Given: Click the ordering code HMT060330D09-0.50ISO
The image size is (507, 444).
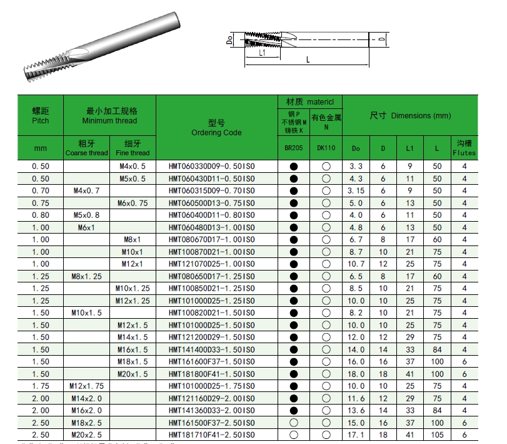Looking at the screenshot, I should pos(211,167).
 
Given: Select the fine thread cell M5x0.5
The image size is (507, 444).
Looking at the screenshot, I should pos(133,178).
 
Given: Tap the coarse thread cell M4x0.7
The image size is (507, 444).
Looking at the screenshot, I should pos(86,191).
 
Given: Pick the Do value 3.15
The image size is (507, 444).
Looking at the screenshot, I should pos(356,191).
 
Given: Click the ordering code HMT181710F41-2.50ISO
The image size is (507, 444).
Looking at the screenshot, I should pos(211,435).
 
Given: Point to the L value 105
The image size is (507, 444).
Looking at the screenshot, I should pos(436,435).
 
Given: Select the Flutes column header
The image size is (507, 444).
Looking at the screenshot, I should pos(464,148).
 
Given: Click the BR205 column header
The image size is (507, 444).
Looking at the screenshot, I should pos(294,148).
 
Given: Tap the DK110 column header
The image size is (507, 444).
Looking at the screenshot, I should pos(326,148).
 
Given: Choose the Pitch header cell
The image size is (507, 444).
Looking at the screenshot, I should pos(40,116).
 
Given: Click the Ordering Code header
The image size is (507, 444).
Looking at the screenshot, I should pos(216,128).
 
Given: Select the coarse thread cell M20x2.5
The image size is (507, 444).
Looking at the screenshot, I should pos(86,435).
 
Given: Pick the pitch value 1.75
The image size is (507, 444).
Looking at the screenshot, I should pos(40,386).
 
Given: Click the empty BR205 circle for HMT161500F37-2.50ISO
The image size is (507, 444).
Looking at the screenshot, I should pos(294,423).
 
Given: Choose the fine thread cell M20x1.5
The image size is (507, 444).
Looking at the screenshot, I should pos(133,374).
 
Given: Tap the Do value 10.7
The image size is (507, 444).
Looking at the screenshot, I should pos(356,264).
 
